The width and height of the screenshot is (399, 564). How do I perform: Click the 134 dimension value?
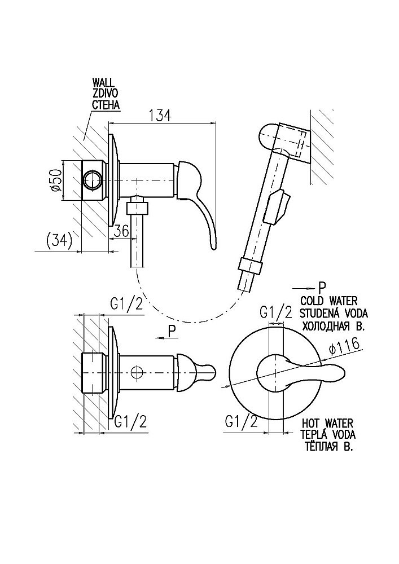[160, 115]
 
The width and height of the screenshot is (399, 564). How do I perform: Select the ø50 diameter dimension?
[55, 180]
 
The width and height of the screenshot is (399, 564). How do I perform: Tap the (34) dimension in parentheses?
[58, 241]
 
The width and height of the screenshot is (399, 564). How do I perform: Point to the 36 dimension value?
[121, 231]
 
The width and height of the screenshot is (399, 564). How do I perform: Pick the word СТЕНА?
[106, 104]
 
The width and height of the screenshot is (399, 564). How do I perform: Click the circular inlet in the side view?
[93, 180]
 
